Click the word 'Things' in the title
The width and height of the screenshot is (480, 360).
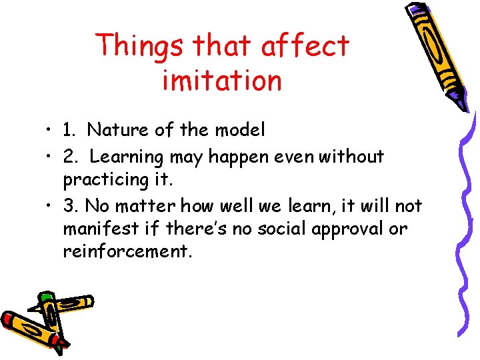[x=139, y=46]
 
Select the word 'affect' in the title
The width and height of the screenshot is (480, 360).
[x=305, y=46]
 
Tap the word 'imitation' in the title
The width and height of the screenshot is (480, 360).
[x=222, y=81]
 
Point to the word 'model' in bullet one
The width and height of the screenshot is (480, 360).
[x=242, y=130]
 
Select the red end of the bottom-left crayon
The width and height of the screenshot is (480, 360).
[x=9, y=319]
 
